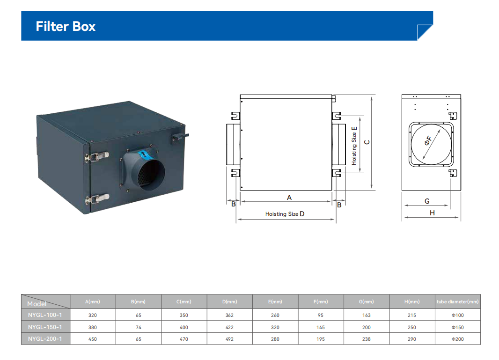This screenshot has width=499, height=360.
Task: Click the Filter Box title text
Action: coord(66,26)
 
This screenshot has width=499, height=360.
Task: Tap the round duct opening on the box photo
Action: coord(151,175)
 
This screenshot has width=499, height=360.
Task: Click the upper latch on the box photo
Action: coord(97,156)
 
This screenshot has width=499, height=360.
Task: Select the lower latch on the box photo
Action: coord(97,199)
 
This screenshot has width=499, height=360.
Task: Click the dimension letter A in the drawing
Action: coord(289,198)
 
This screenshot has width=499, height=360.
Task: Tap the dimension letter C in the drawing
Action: coord(367,142)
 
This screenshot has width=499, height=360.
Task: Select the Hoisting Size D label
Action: coord(285,214)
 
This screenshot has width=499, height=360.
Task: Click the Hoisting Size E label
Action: coord(354,146)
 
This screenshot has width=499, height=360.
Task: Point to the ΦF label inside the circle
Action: coord(428,140)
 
